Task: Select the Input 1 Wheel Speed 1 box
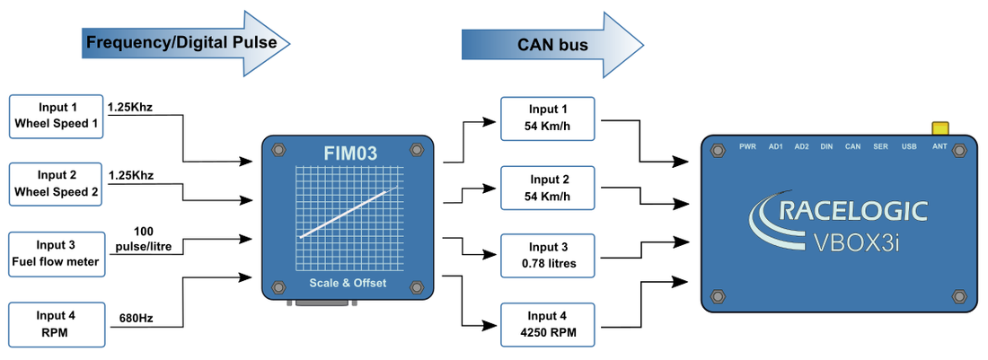tap(57, 115)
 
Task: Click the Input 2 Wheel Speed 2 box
tap(57, 184)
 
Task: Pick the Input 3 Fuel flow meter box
tap(57, 253)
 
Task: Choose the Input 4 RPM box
tap(57, 323)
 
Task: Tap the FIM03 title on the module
tap(349, 153)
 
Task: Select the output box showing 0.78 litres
tap(549, 255)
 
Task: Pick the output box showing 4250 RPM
tap(549, 324)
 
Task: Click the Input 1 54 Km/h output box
tap(549, 118)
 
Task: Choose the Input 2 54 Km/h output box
tap(549, 187)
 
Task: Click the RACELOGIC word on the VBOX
tap(853, 212)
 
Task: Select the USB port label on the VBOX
tap(908, 145)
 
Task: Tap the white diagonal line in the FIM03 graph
tap(348, 213)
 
